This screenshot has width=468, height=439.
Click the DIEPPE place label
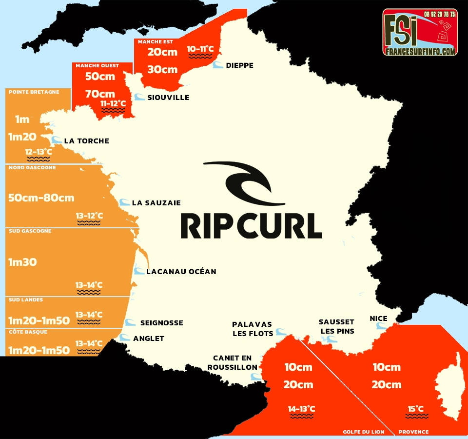[239, 65]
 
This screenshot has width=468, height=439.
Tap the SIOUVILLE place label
[168, 98]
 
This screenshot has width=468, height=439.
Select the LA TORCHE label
[86, 141]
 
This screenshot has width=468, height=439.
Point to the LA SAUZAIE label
[156, 203]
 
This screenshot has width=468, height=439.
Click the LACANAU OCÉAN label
[181, 271]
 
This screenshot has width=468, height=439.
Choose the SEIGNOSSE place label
[161, 323]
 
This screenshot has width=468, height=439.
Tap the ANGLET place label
[148, 339]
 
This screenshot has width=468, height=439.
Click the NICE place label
[378, 319]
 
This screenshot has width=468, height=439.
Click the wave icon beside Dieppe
[218, 65]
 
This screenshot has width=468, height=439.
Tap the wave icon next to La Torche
[57, 140]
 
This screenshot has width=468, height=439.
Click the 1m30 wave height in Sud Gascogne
[22, 262]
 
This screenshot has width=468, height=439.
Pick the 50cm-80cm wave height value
[41, 198]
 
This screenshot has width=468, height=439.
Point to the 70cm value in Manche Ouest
[100, 94]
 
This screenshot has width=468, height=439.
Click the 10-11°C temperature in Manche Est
[200, 49]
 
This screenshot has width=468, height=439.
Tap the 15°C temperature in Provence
[416, 409]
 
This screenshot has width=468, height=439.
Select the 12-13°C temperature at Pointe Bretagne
[39, 152]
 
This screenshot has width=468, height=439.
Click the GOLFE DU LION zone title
[363, 432]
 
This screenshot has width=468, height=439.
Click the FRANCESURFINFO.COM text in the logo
[420, 51]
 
